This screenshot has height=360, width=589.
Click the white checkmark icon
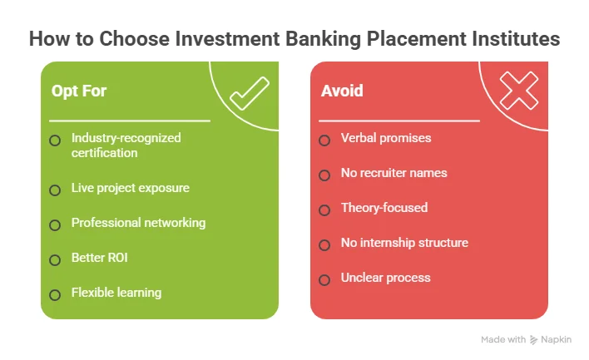click(249, 93)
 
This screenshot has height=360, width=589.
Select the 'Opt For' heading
click(79, 90)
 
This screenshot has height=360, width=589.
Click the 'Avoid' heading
click(342, 90)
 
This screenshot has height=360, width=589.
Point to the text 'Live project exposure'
click(131, 188)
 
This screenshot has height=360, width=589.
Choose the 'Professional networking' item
click(138, 223)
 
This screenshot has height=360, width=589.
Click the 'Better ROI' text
click(100, 258)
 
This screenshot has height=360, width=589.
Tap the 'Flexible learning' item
click(116, 293)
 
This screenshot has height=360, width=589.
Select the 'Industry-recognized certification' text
click(126, 145)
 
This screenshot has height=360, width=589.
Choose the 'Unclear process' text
click(385, 278)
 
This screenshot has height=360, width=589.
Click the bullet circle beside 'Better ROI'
click(55, 259)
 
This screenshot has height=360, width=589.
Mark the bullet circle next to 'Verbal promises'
click(324, 140)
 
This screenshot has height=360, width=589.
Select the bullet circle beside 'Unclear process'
click(324, 279)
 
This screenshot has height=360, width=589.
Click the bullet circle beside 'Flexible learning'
click(55, 294)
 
